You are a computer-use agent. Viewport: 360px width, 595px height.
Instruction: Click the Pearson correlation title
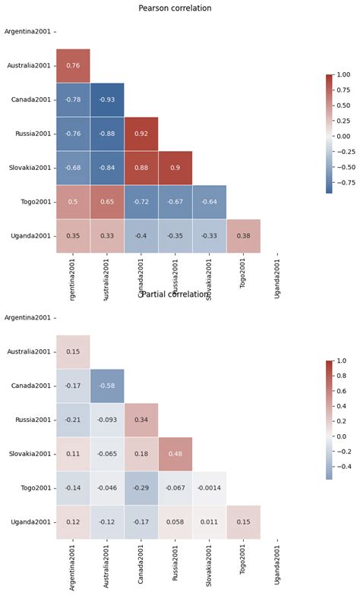[x=175, y=8]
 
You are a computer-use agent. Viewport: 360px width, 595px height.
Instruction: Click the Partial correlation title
[x=175, y=294]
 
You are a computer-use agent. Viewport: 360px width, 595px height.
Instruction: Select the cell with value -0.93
[x=107, y=100]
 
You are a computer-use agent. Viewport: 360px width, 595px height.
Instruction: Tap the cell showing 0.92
[x=141, y=134]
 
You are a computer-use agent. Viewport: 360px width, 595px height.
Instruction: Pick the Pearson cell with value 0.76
[x=73, y=66]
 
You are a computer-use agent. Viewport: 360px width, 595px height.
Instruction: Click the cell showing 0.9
[x=175, y=168]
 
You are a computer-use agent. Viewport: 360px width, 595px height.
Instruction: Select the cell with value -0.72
[x=141, y=203]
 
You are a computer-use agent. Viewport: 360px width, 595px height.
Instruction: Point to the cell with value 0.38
[x=244, y=236]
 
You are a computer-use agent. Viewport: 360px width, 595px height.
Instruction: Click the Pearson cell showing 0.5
[x=73, y=203]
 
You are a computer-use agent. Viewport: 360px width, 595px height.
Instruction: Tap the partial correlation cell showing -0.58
[x=107, y=386]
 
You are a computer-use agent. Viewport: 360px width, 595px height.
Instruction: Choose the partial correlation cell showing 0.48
[x=175, y=455]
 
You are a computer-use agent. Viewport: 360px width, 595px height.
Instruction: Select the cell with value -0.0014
[x=210, y=488]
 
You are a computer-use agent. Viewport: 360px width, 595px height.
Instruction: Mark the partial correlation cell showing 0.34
[x=141, y=420]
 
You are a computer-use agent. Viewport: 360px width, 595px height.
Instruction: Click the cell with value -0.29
[x=141, y=488]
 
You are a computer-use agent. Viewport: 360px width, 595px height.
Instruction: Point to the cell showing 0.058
[x=175, y=522]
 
